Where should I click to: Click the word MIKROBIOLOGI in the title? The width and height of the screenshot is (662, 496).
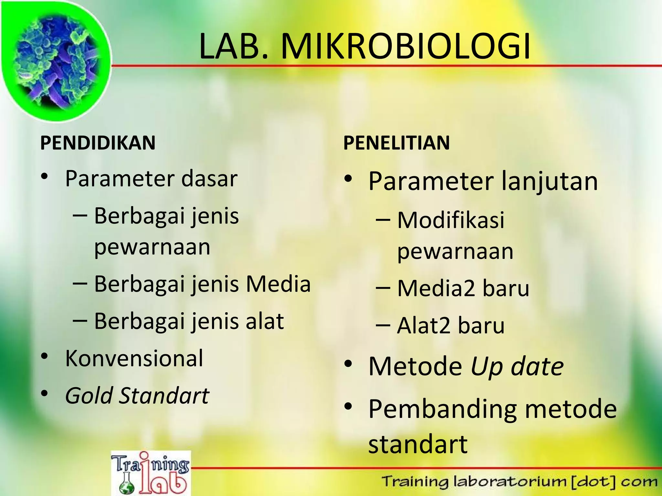pyautogui.click(x=406, y=47)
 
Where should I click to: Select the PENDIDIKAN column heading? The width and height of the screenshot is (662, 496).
pyautogui.click(x=98, y=143)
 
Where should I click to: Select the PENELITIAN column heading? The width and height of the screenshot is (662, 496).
pyautogui.click(x=396, y=143)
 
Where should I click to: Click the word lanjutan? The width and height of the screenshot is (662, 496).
pyautogui.click(x=549, y=181)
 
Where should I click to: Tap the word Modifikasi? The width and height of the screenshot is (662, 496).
pyautogui.click(x=451, y=221)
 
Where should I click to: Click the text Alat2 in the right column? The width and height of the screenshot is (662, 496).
pyautogui.click(x=423, y=325)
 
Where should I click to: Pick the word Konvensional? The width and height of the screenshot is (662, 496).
pyautogui.click(x=134, y=358)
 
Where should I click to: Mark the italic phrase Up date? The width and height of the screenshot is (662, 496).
pyautogui.click(x=517, y=367)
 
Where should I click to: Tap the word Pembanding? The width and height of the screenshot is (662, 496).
pyautogui.click(x=443, y=409)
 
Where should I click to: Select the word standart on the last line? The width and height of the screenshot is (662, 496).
pyautogui.click(x=418, y=445)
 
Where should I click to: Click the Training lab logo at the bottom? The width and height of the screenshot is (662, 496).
pyautogui.click(x=151, y=473)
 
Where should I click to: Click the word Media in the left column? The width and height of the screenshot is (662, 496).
pyautogui.click(x=278, y=284)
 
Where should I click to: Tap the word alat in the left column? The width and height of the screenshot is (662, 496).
pyautogui.click(x=264, y=321)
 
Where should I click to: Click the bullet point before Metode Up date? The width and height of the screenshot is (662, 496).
pyautogui.click(x=348, y=364)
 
